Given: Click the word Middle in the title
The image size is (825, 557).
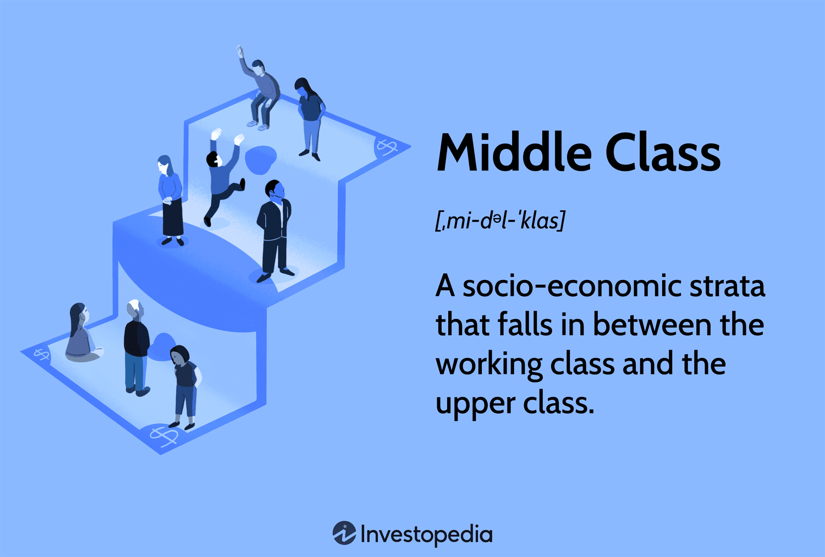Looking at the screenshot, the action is coord(514,152).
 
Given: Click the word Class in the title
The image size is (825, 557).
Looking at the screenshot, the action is coord(663,152).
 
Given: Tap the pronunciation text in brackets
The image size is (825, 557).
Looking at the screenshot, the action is coord(500,220).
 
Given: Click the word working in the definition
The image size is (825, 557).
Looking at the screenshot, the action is coord(489,365).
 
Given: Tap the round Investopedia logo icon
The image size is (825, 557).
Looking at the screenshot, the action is coord(344,533).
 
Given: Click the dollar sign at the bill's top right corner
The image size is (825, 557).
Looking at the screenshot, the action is coord(387,147).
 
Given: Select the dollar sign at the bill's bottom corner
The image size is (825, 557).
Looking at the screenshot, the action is coord(164,436).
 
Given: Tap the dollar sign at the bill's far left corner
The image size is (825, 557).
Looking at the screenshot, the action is coord(42,355).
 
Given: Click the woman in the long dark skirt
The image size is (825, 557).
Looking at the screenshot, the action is coord(170,201).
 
